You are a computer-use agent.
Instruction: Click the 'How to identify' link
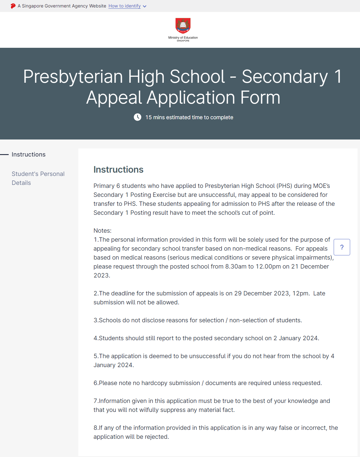coord(124,6)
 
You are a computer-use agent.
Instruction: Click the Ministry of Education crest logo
coord(183,26)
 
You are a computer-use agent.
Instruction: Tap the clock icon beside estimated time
coord(138,117)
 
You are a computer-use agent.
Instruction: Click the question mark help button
coord(342,247)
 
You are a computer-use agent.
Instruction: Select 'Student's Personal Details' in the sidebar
coord(38,178)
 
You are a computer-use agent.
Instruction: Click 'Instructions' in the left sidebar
coord(28,154)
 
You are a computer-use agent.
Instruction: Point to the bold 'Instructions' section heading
coord(118,169)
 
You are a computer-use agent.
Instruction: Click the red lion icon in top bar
coord(13,6)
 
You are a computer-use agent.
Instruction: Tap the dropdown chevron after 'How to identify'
coord(145,6)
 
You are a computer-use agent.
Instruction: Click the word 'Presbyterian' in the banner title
coord(73,76)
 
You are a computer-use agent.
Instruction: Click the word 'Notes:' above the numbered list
coord(103,231)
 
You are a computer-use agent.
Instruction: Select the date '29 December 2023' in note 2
coord(262,293)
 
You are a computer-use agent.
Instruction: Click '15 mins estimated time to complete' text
coord(189,117)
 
